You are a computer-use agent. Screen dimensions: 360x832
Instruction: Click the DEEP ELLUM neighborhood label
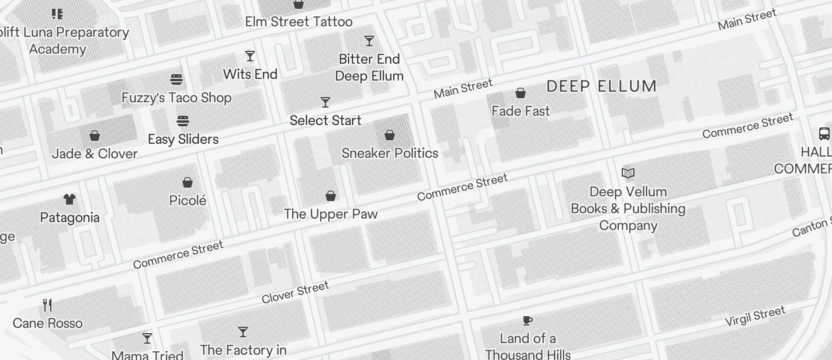click(x=601, y=86)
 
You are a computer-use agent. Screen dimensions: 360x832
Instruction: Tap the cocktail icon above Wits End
click(x=250, y=56)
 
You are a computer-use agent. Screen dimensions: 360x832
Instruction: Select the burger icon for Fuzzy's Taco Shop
click(x=176, y=79)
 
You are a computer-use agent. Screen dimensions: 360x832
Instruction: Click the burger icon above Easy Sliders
click(x=183, y=121)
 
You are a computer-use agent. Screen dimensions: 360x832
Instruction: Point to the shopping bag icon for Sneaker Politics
click(x=390, y=135)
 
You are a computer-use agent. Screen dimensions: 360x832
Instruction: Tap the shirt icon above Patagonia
click(x=70, y=199)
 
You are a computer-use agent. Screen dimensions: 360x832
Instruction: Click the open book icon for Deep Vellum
click(x=628, y=173)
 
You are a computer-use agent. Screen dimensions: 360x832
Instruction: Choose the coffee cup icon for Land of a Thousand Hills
click(x=528, y=320)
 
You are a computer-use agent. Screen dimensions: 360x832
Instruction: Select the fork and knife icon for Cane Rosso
click(x=47, y=305)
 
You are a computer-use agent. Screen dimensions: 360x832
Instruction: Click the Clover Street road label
click(x=295, y=292)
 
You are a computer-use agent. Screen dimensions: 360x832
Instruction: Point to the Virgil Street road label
click(x=755, y=316)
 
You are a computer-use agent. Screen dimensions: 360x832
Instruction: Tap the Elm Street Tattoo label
click(x=299, y=22)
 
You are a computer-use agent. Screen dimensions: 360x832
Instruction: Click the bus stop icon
click(x=824, y=134)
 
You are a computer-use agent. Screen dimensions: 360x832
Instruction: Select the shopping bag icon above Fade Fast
click(x=520, y=93)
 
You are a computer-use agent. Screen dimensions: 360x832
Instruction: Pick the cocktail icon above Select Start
click(x=325, y=102)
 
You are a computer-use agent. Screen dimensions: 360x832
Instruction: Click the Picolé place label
click(x=188, y=200)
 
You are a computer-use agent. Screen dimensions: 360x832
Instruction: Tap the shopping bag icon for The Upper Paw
click(x=331, y=196)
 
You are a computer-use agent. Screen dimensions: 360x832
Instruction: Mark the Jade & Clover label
click(x=95, y=154)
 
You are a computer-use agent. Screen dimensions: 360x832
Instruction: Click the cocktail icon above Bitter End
click(x=369, y=41)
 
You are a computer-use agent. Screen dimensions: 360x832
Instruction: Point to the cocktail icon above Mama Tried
click(x=147, y=338)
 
